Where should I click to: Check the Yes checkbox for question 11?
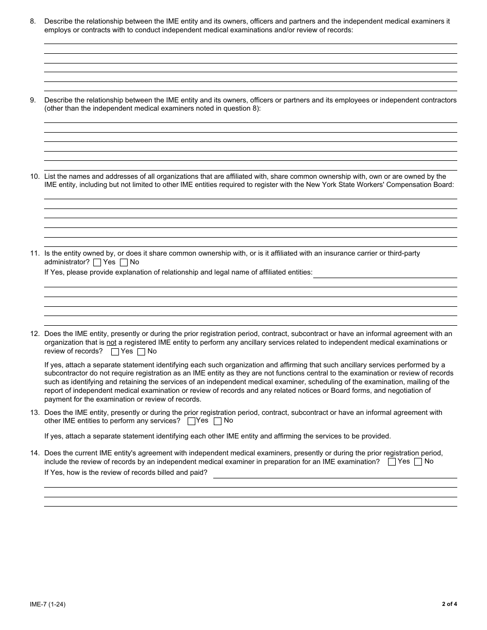[97, 263]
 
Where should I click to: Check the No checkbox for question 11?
[124, 263]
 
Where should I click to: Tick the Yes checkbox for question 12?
[115, 352]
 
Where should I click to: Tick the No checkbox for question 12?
[141, 352]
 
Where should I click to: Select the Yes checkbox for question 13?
[191, 421]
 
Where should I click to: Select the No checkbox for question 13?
[217, 421]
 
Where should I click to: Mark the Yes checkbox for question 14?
[392, 462]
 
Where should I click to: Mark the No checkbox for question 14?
[418, 462]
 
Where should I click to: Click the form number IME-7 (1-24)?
[48, 604]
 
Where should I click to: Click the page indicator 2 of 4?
[449, 604]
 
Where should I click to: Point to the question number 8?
[33, 22]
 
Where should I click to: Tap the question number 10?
[35, 177]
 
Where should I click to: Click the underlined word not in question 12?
[111, 343]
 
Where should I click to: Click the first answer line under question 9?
[250, 122]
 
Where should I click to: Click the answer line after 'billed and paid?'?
[334, 477]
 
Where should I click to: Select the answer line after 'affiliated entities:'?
[384, 277]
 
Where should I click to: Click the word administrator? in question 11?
[67, 262]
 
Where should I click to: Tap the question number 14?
[35, 453]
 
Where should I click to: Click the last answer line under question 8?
[250, 91]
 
